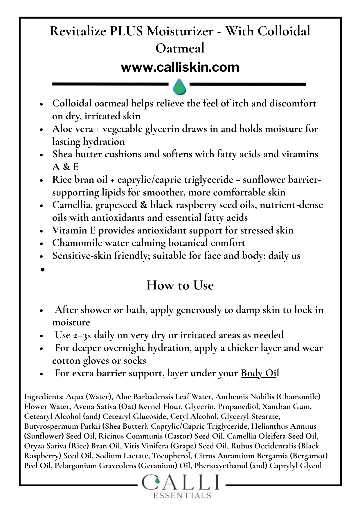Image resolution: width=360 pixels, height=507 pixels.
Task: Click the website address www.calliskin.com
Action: point(180,68)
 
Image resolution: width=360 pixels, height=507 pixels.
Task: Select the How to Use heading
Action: point(180,285)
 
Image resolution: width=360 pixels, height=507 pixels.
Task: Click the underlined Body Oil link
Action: point(260,373)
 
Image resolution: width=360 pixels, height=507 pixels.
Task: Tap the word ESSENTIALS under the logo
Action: point(182,495)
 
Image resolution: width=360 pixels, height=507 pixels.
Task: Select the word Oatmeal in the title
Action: point(180,48)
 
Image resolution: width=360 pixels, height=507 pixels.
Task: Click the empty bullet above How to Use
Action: point(43,269)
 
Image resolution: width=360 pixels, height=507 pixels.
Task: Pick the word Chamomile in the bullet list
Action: point(76,243)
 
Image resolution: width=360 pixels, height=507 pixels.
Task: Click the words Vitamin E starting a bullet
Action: point(74,230)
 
